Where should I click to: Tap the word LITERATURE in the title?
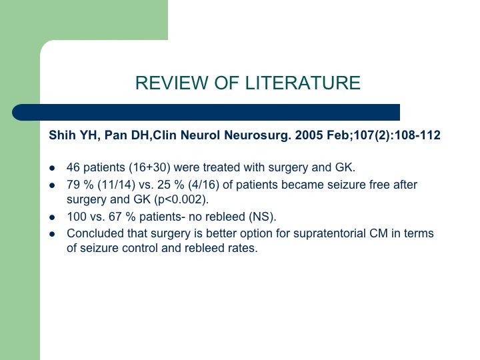pos(303,83)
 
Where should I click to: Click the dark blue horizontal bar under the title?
pos(206,113)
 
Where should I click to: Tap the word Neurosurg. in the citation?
pos(258,135)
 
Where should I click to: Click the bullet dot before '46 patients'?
pos(53,168)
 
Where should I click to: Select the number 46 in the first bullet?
pos(73,167)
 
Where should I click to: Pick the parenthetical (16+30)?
pos(150,167)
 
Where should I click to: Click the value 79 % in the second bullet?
pos(80,185)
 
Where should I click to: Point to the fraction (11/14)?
pos(116,185)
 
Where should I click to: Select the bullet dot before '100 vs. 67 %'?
pos(53,217)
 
